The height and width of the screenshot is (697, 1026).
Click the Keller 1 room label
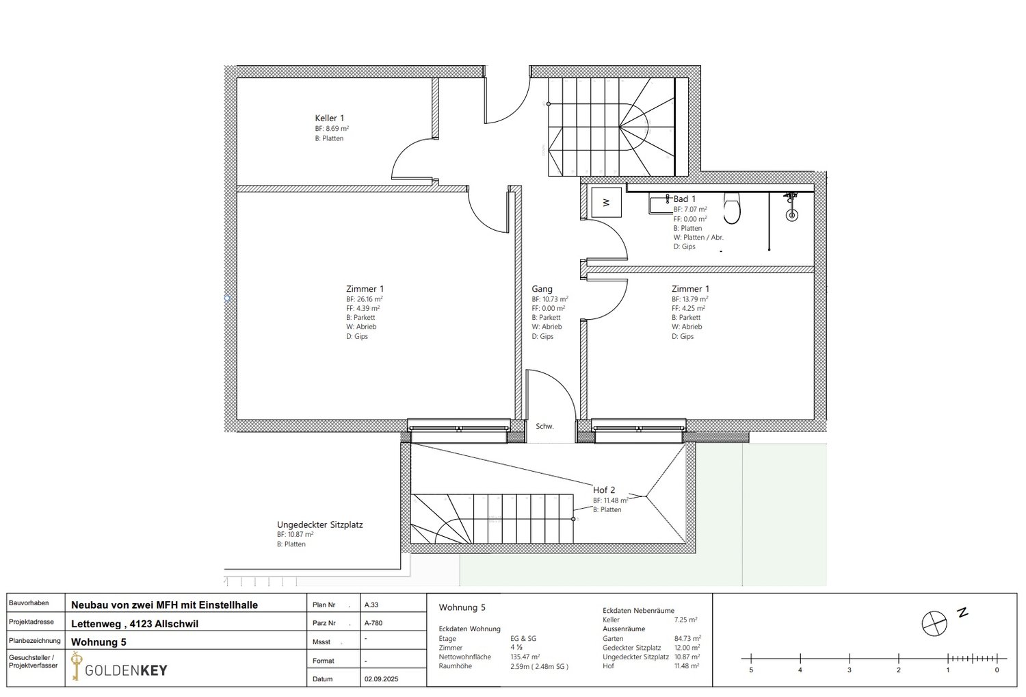[329, 118]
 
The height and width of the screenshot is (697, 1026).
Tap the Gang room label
[542, 289]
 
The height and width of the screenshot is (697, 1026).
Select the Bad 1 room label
[684, 199]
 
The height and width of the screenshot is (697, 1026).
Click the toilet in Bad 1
[731, 209]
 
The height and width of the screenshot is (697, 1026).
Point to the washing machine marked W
[606, 203]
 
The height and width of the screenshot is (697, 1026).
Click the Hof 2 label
[603, 490]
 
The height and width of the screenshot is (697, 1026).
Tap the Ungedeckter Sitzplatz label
[319, 525]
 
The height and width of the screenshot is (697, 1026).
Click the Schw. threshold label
[544, 427]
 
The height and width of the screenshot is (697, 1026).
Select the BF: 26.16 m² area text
[364, 299]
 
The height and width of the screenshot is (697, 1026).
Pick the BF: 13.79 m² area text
[689, 299]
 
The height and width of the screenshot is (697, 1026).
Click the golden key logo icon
[76, 666]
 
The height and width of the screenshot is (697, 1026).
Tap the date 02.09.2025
[381, 679]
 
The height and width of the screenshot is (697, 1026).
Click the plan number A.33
[371, 605]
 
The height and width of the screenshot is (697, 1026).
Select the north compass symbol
[934, 624]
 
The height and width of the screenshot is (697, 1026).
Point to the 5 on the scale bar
[751, 670]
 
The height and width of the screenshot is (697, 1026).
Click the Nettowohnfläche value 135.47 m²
[525, 657]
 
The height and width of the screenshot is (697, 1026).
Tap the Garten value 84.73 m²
[687, 639]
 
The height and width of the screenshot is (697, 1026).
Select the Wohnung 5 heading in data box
[462, 608]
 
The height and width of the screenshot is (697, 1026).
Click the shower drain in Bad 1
[791, 216]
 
